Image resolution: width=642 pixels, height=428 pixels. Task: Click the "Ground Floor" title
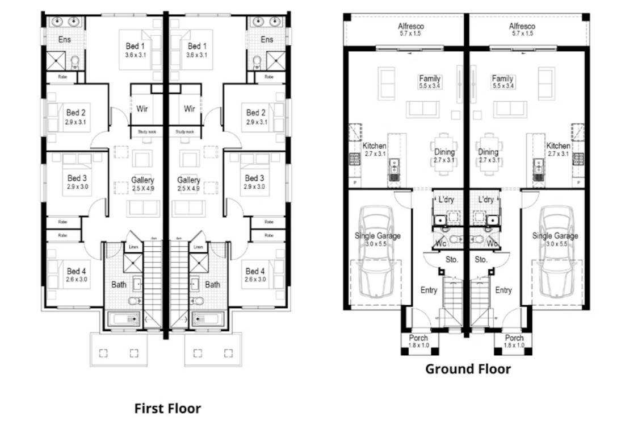tap(468, 369)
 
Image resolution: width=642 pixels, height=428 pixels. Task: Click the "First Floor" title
tap(167, 408)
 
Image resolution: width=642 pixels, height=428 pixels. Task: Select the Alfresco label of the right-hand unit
tap(522, 27)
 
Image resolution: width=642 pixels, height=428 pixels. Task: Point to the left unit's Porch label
tap(419, 338)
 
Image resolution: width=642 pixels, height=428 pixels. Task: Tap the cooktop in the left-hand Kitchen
tap(355, 159)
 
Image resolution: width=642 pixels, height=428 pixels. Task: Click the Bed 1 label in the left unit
tap(135, 46)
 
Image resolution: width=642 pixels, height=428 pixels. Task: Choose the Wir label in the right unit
tap(190, 109)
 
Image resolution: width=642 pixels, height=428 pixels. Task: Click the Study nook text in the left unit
tap(146, 132)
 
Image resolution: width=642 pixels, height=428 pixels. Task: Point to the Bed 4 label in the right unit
tap(255, 271)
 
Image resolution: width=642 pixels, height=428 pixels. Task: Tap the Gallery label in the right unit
tap(188, 180)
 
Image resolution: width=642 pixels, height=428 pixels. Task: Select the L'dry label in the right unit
tap(485, 200)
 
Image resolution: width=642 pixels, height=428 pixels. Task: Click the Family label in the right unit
tap(502, 79)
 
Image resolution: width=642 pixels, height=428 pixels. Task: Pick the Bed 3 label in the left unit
tap(76, 178)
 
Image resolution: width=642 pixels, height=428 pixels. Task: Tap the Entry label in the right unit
tap(503, 290)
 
